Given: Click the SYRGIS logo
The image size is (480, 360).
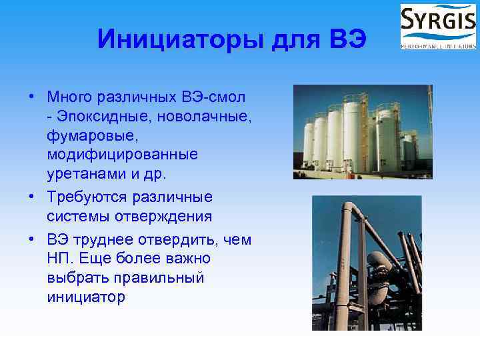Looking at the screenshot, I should tap(438, 26).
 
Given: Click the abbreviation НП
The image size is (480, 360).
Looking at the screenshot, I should tap(58, 258).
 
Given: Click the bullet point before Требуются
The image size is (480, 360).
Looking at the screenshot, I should tap(32, 198).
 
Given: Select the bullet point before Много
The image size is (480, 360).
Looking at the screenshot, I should tap(32, 98).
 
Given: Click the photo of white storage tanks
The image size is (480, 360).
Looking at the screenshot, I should tap(363, 131).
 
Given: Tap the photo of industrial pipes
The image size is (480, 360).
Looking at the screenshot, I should tap(367, 263).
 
